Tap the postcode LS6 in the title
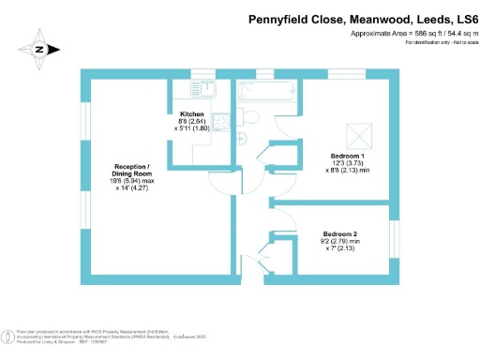pyautogui.click(x=464, y=19)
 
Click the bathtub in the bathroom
pyautogui.click(x=258, y=92)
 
